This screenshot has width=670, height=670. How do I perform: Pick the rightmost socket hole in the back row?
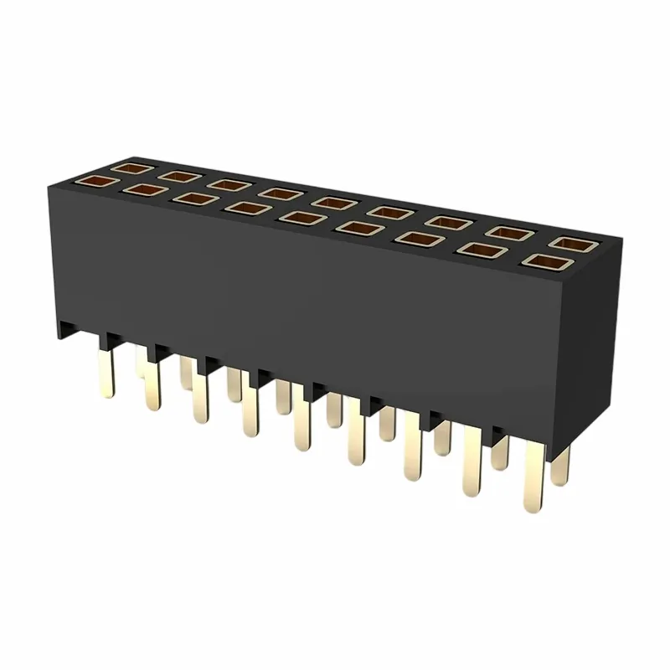(x=572, y=244)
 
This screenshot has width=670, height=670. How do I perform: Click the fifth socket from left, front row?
(x=296, y=217)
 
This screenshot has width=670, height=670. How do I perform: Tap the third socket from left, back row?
(x=224, y=183)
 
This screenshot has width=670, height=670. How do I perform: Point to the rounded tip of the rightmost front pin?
(x=532, y=507)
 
